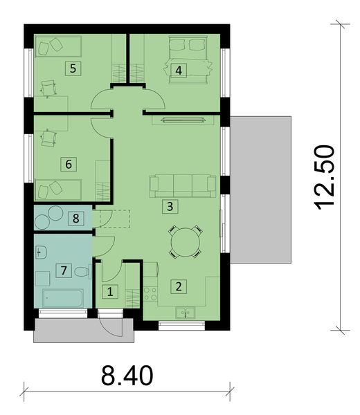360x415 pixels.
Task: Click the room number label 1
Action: (x=109, y=291)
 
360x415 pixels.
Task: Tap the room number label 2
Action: (x=178, y=285)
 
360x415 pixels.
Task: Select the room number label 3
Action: (x=168, y=205)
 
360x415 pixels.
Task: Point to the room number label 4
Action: (x=179, y=70)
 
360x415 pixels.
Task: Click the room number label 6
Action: (x=68, y=164)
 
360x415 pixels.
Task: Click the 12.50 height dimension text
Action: (x=323, y=176)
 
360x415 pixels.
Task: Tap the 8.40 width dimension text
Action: (x=127, y=377)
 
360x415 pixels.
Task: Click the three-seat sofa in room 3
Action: (x=183, y=185)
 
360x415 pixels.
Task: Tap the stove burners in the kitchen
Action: (x=150, y=291)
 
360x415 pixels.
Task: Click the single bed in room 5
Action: (x=58, y=46)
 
